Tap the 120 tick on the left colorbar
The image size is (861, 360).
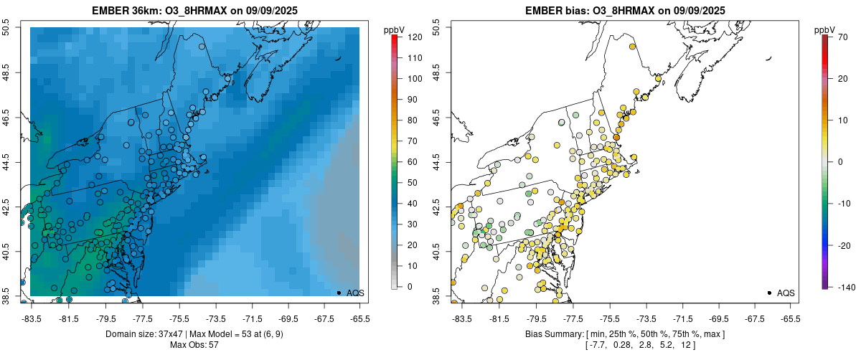pos(415,37)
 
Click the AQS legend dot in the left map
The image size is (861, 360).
pos(339,293)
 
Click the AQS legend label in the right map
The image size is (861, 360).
pos(786,293)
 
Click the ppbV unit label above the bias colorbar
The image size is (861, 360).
pos(824,29)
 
